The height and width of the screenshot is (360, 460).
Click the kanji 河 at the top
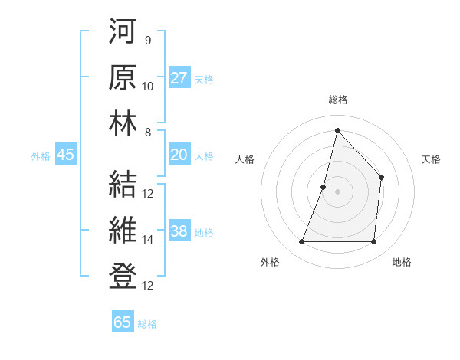[122, 32]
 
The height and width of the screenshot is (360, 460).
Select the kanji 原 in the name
[122, 78]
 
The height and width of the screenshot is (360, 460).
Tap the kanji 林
[122, 124]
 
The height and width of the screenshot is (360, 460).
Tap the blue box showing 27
[179, 78]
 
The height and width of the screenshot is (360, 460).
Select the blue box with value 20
[179, 155]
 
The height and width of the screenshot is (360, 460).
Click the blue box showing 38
[179, 232]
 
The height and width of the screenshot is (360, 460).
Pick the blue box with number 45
[65, 155]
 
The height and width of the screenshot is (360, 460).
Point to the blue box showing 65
[122, 322]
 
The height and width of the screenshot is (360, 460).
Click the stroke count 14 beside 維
[148, 240]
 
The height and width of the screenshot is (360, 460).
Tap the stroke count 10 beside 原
[148, 86]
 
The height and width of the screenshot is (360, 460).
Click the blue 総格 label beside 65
[147, 324]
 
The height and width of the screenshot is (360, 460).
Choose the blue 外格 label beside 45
[41, 156]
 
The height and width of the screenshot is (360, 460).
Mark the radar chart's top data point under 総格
[337, 130]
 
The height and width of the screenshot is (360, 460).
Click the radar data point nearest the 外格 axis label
[301, 242]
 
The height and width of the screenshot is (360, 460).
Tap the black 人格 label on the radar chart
[245, 159]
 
